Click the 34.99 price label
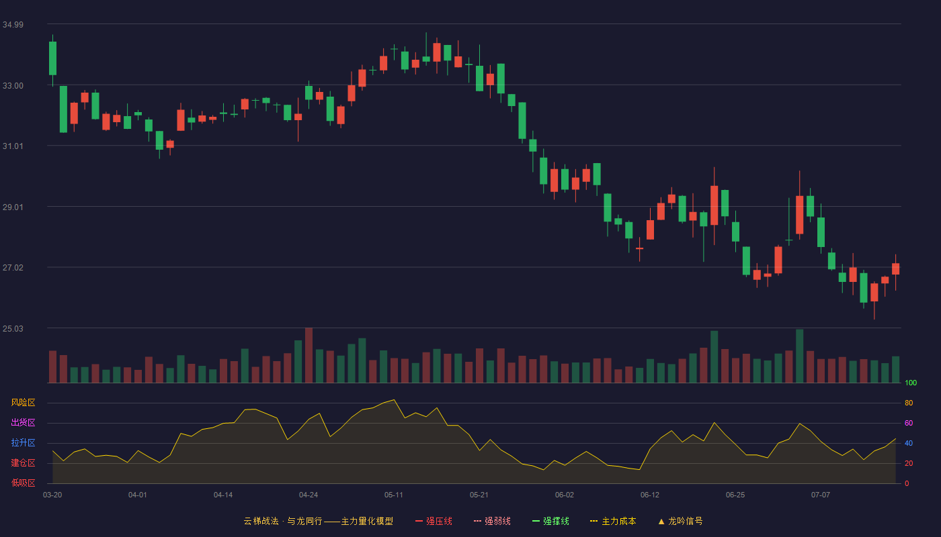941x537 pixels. [x=13, y=25]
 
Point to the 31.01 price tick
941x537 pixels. [x=13, y=146]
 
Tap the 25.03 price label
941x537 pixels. [x=13, y=328]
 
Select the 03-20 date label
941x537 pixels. [x=52, y=495]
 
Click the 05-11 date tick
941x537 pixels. [x=394, y=495]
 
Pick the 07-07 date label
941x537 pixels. [x=821, y=495]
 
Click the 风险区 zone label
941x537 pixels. [x=23, y=403]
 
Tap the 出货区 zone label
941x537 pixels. [x=23, y=422]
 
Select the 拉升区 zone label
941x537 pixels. [x=23, y=442]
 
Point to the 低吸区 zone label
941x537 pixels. [x=23, y=483]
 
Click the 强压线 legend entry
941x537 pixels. [x=434, y=521]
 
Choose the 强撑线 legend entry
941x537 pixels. [x=550, y=521]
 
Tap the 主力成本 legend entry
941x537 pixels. [x=613, y=521]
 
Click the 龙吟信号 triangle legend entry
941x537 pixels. [x=680, y=521]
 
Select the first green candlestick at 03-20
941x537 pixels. [x=52, y=58]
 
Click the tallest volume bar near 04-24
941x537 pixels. [x=309, y=355]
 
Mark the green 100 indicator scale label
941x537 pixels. [x=911, y=383]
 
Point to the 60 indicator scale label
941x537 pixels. [x=909, y=423]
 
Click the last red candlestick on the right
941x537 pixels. [x=895, y=269]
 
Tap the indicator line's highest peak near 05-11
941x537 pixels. [x=394, y=400]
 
